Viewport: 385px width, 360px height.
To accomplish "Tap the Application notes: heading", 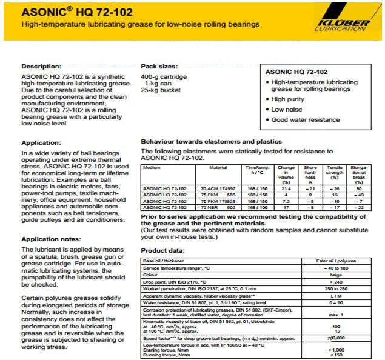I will (51, 240).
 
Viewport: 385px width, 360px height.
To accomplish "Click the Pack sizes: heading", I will (158, 66).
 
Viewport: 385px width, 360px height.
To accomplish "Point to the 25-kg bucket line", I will (161, 90).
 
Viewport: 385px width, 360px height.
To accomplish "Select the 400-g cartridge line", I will (164, 76).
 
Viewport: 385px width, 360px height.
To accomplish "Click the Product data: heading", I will (163, 250).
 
